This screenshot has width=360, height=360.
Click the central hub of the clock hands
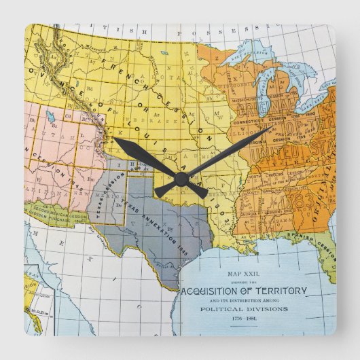(x=181, y=177)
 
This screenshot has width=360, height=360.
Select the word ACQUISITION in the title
(x=218, y=291)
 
